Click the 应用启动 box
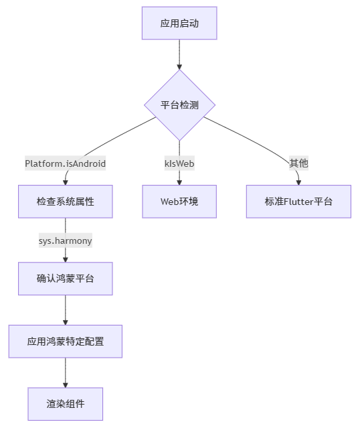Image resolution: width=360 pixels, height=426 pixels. [179, 23]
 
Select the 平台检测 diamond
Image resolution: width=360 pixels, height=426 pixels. [179, 105]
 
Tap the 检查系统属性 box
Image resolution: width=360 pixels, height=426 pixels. [65, 202]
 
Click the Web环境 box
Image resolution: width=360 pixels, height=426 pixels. [179, 202]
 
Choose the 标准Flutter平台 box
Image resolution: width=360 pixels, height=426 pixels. [298, 202]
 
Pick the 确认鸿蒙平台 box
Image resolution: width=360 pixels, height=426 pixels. [65, 278]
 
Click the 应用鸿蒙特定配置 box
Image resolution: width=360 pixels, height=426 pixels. [65, 342]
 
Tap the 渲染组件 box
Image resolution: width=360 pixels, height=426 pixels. [65, 404]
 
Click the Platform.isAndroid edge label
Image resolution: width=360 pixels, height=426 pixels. [65, 163]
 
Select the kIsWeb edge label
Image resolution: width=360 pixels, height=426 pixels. [179, 163]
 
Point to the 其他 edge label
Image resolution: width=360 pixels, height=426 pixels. [298, 163]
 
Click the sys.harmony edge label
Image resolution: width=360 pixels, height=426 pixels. [65, 240]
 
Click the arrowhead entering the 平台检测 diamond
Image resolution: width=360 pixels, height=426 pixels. [179, 66]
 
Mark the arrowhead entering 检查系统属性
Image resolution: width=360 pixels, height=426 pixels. [65, 181]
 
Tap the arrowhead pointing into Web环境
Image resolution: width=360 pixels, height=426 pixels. [179, 181]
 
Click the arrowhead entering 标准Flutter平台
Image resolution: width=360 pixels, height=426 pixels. [298, 181]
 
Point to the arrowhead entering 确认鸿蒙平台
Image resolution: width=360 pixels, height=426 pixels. [65, 258]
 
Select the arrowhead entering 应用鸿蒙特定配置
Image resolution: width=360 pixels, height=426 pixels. [65, 322]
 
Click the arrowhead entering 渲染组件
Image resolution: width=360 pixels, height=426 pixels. [65, 384]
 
